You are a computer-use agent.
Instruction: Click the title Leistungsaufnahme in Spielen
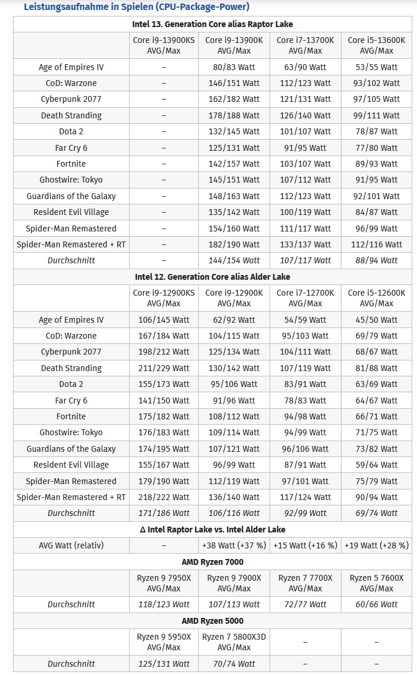(136, 7)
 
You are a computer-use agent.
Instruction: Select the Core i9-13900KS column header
(163, 45)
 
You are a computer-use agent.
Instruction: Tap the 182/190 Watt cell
(234, 244)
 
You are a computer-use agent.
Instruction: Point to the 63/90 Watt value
(305, 67)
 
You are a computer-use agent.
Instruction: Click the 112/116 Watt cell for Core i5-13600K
(376, 244)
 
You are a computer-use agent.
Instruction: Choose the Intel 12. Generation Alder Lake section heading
(212, 277)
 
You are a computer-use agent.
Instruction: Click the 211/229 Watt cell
(163, 368)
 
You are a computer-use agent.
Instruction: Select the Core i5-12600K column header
(376, 298)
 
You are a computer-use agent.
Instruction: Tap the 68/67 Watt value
(376, 352)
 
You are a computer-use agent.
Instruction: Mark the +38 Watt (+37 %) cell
(234, 545)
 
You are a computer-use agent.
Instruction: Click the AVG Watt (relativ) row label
(71, 545)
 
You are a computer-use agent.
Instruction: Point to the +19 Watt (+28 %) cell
(376, 545)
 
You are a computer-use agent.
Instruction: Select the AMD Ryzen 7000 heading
(212, 562)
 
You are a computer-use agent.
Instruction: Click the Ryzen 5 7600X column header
(376, 583)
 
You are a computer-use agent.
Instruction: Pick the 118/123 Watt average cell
(163, 604)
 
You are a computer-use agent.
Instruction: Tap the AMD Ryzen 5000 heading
(212, 621)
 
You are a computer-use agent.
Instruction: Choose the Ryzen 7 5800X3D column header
(234, 642)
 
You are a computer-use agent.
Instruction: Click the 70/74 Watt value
(234, 664)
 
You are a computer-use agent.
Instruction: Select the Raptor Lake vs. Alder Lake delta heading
(212, 530)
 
